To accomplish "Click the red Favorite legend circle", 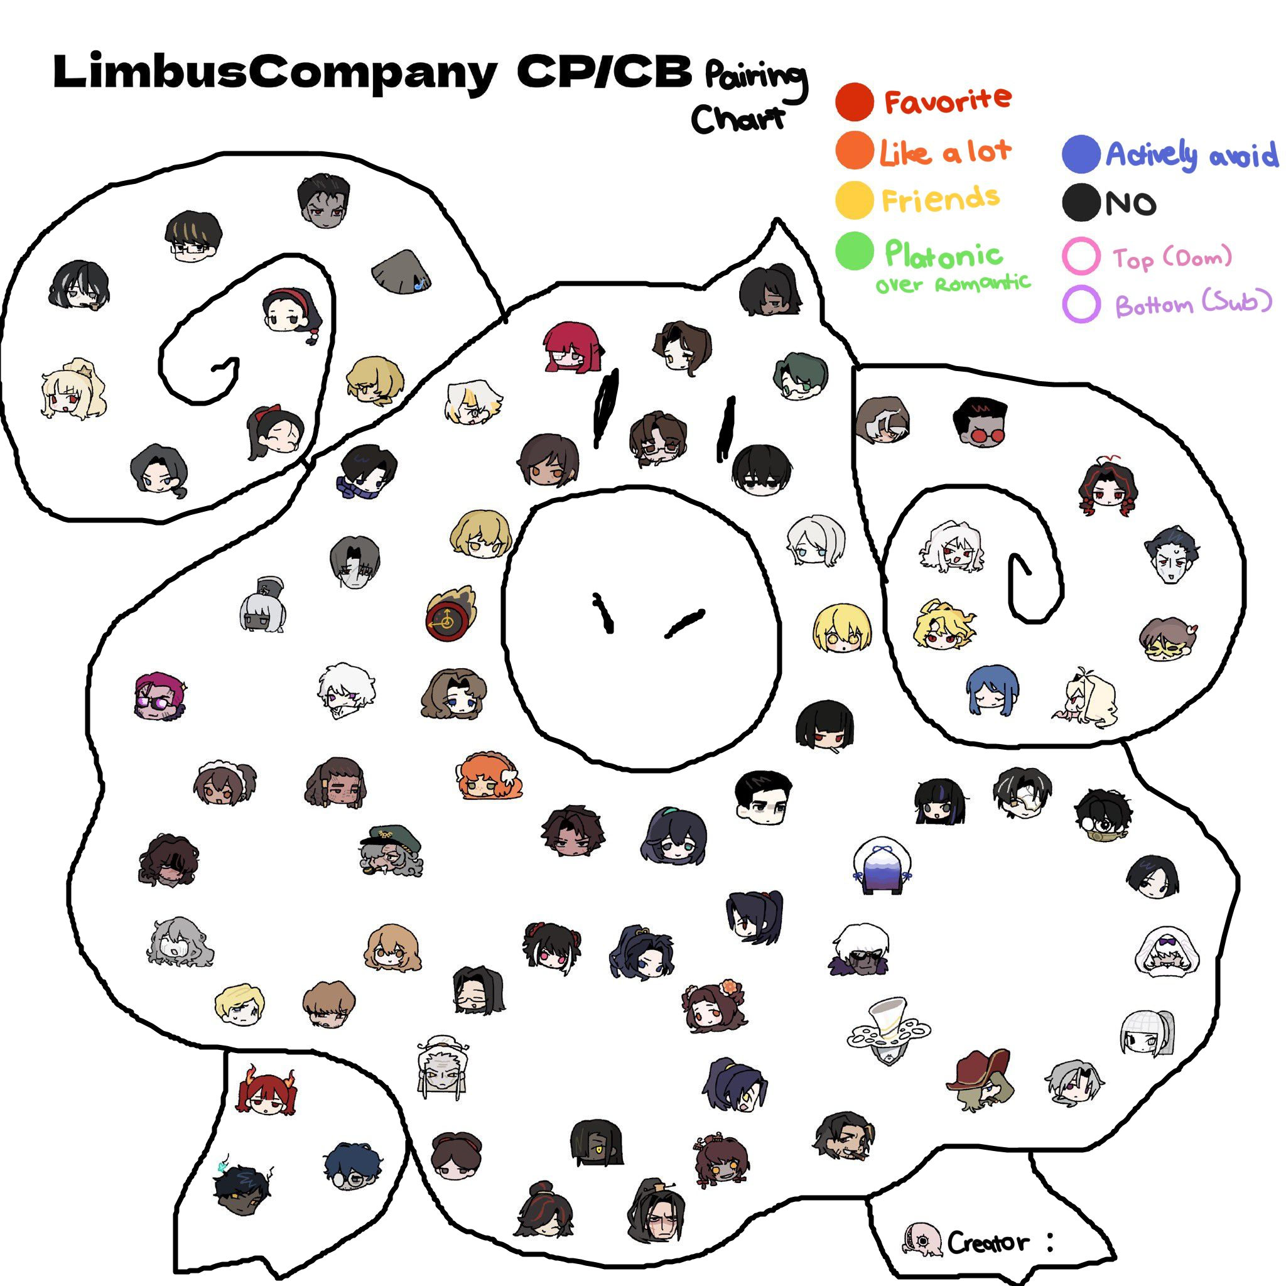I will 854,102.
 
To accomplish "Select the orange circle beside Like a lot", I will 854,151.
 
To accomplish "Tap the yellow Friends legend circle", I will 854,200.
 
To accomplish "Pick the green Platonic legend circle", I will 854,251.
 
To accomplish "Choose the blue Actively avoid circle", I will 1080,154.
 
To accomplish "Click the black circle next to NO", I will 1080,202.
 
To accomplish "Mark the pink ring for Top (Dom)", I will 1080,256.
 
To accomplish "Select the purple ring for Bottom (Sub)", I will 1080,304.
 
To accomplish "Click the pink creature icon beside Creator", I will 922,1240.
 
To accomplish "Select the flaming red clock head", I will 450,614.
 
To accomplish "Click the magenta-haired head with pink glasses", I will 158,697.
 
